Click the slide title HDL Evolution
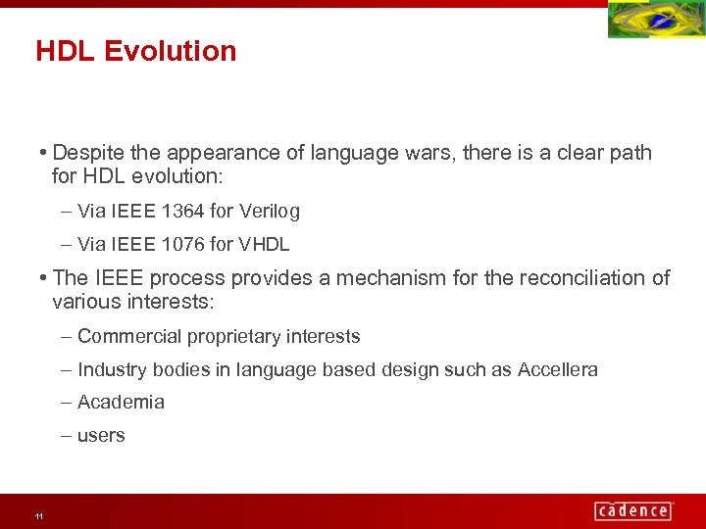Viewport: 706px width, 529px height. [136, 51]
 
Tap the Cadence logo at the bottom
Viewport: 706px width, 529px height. [632, 510]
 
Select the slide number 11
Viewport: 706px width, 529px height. [38, 516]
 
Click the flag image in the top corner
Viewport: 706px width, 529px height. [655, 21]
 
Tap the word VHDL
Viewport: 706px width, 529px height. [265, 244]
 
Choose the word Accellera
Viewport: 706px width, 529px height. [557, 369]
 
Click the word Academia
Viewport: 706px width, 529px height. [121, 402]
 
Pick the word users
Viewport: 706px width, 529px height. [101, 435]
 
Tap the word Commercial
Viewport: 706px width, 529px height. [129, 336]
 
